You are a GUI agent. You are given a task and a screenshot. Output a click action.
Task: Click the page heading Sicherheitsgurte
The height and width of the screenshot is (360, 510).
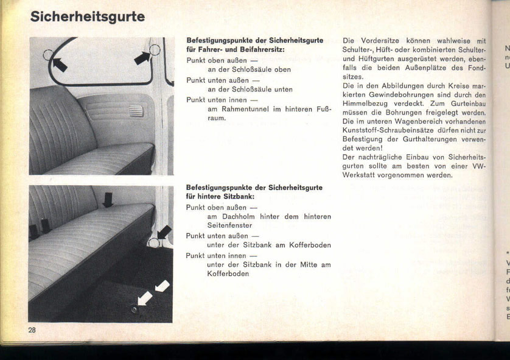88,16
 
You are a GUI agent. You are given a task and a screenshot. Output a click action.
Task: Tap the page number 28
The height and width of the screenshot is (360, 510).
32,330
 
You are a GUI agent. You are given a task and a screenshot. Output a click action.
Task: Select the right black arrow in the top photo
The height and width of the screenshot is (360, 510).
141,57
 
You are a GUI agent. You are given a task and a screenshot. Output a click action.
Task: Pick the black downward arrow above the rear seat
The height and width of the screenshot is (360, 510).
108,199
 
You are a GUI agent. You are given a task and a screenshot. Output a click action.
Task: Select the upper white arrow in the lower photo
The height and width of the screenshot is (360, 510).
162,284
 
